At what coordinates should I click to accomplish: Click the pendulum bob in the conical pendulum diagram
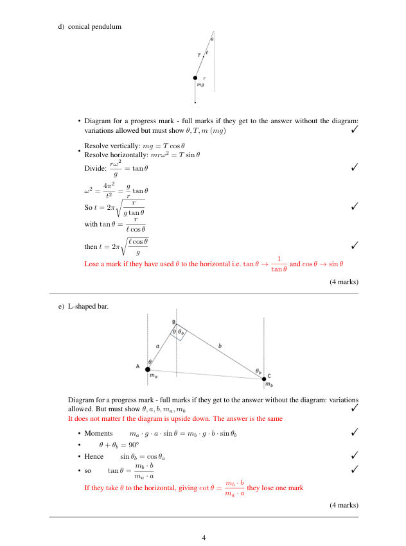coord(195,78)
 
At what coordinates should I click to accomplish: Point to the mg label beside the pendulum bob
coord(200,85)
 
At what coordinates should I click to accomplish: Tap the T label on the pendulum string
coord(199,55)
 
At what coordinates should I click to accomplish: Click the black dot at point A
coord(148,369)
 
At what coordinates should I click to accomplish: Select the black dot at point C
coord(263,379)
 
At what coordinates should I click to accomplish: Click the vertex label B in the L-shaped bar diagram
coord(173,321)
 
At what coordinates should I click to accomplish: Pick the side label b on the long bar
coord(220,346)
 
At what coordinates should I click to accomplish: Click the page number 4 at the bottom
coord(203,537)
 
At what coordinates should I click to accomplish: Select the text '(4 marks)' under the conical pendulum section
coord(344,282)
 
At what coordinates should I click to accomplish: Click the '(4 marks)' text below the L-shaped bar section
coord(344,506)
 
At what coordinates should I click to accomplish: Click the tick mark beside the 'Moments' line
coord(355,434)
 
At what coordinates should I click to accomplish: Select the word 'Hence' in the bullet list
coord(94,456)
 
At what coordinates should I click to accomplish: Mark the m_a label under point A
coord(153,375)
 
